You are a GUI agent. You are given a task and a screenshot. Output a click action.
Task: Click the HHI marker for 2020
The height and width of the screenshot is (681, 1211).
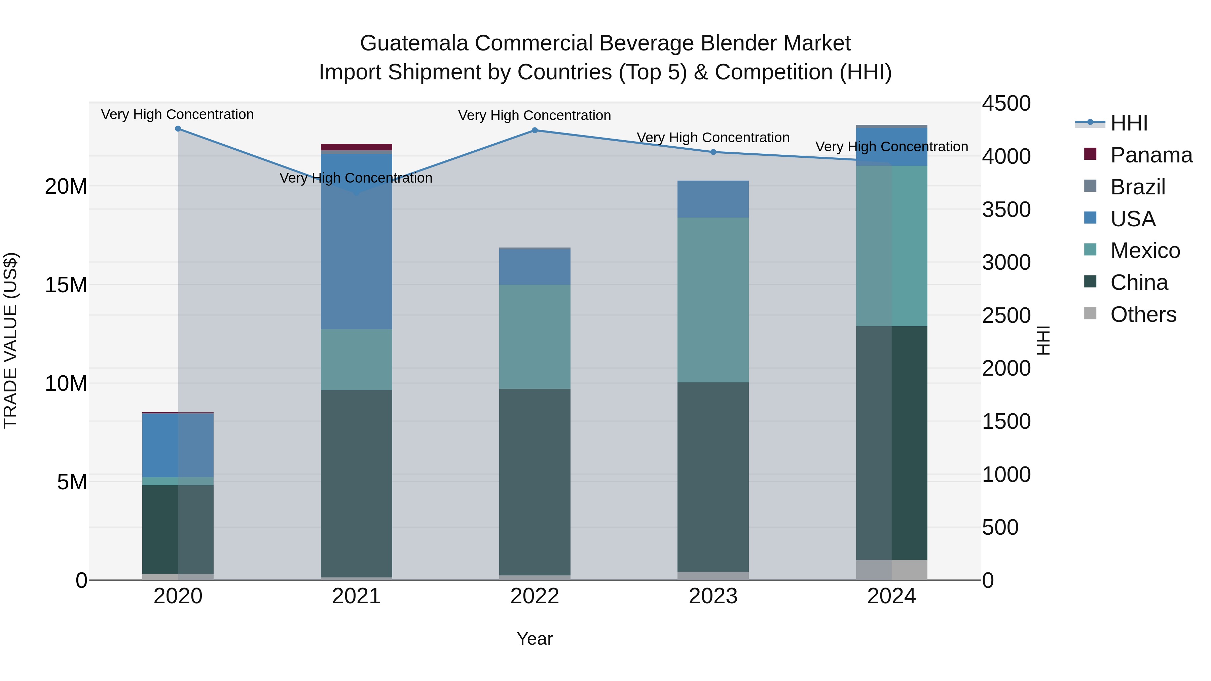pyautogui.click(x=178, y=129)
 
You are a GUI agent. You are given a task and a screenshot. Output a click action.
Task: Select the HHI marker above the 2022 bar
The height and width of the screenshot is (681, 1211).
pyautogui.click(x=535, y=130)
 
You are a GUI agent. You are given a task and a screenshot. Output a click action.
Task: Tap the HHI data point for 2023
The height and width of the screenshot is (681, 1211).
pyautogui.click(x=713, y=152)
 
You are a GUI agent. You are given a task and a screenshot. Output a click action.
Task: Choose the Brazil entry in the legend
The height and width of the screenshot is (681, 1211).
pyautogui.click(x=1138, y=187)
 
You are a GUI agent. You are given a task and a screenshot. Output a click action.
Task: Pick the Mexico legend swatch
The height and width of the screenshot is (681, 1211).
pyautogui.click(x=1090, y=250)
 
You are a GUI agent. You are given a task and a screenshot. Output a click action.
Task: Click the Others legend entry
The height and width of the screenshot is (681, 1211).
pyautogui.click(x=1143, y=314)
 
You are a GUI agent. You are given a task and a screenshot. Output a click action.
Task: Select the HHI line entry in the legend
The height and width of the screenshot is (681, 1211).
pyautogui.click(x=1128, y=123)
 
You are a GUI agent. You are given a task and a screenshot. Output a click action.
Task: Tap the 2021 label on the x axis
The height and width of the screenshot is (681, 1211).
pyautogui.click(x=356, y=596)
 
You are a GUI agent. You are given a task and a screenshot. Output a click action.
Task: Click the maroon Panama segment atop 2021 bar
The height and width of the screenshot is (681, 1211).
pyautogui.click(x=356, y=147)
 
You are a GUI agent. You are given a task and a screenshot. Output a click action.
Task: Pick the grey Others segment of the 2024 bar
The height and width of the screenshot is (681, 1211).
pyautogui.click(x=891, y=570)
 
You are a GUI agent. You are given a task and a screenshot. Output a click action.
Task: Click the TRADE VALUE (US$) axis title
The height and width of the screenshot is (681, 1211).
pyautogui.click(x=10, y=340)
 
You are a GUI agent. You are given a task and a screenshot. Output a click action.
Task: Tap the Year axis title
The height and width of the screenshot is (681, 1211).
pyautogui.click(x=535, y=639)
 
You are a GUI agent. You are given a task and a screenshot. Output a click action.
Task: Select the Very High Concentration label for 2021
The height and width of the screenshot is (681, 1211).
pyautogui.click(x=356, y=178)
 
